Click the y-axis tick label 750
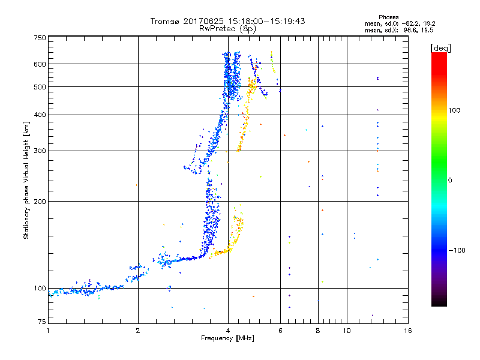pyautogui.click(x=40, y=37)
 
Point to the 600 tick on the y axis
pyautogui.click(x=40, y=64)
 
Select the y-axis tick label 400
pyautogui.click(x=40, y=115)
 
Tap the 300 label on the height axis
pyautogui.click(x=40, y=151)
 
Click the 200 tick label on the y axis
pyautogui.click(x=40, y=201)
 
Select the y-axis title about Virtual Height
pyautogui.click(x=26, y=181)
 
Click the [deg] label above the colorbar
pyautogui.click(x=441, y=47)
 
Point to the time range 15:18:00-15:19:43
pyautogui.click(x=261, y=21)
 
